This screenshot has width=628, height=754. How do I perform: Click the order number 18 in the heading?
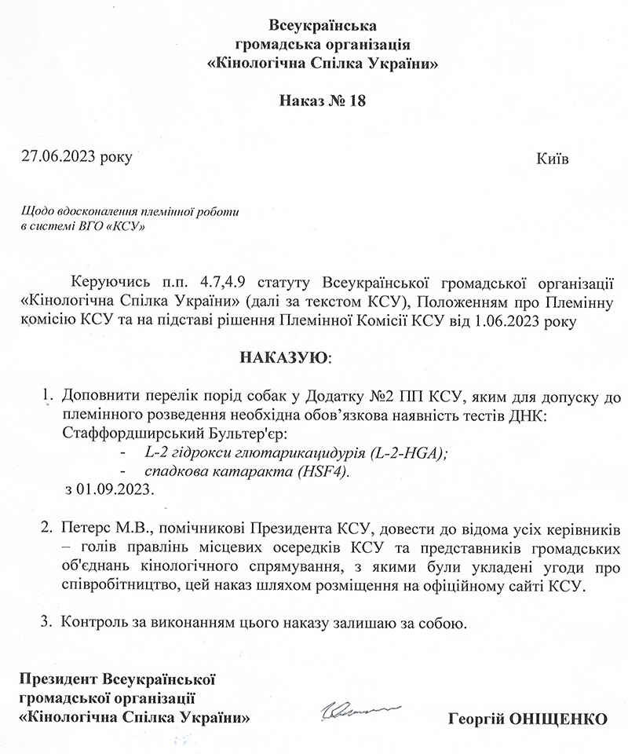click(x=358, y=102)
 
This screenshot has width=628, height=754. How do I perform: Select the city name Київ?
click(x=552, y=158)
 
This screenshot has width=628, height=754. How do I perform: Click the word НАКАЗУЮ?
click(x=284, y=358)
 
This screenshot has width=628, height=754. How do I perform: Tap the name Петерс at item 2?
click(x=82, y=525)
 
